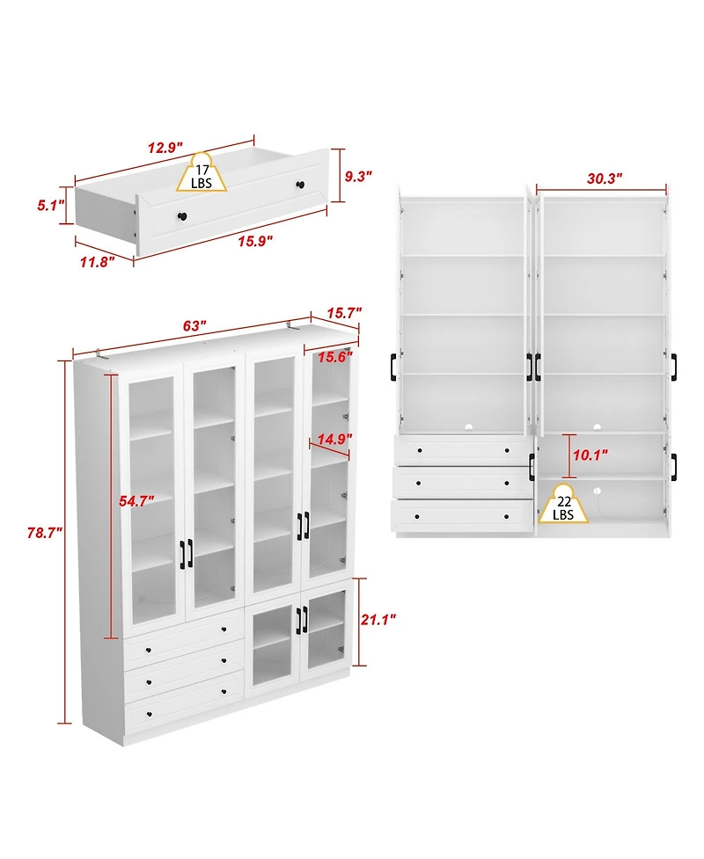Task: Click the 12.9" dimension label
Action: (x=165, y=147)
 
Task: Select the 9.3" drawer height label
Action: (x=358, y=177)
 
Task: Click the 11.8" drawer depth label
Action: (x=97, y=261)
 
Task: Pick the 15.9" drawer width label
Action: (x=252, y=241)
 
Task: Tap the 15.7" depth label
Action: (x=343, y=313)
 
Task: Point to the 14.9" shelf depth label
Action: (x=334, y=439)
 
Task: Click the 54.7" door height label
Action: (x=137, y=500)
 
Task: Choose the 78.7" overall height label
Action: (x=43, y=533)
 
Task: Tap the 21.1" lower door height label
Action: (x=378, y=619)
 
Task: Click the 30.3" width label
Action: (x=604, y=178)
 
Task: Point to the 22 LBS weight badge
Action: (x=563, y=502)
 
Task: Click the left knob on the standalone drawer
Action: (x=183, y=217)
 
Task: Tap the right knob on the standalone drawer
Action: (x=300, y=185)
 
